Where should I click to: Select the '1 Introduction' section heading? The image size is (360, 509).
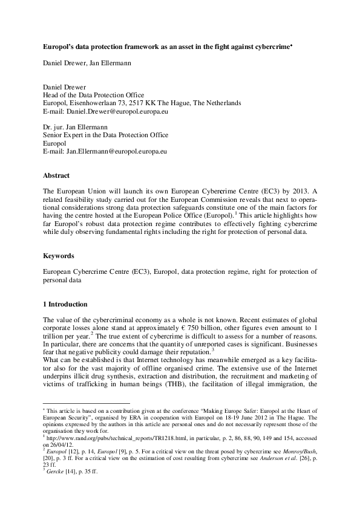pyautogui.click(x=65, y=303)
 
